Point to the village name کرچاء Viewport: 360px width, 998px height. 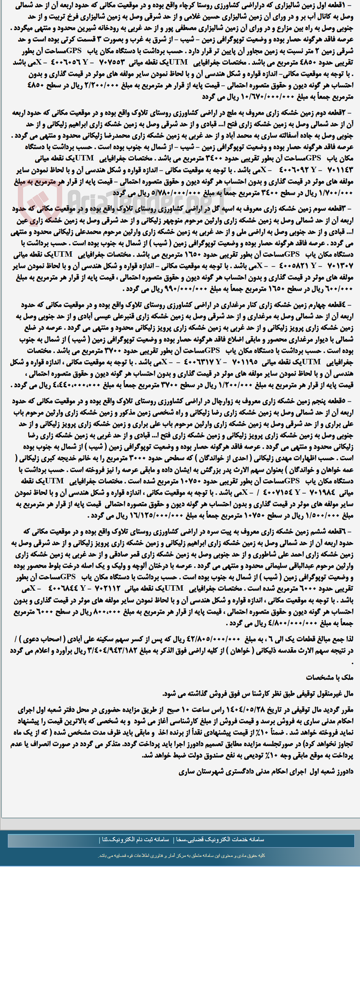pyautogui.click(x=191, y=5)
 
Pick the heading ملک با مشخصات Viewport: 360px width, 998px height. pyautogui.click(x=329, y=677)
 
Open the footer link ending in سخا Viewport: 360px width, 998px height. pyautogui.click(x=220, y=839)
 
